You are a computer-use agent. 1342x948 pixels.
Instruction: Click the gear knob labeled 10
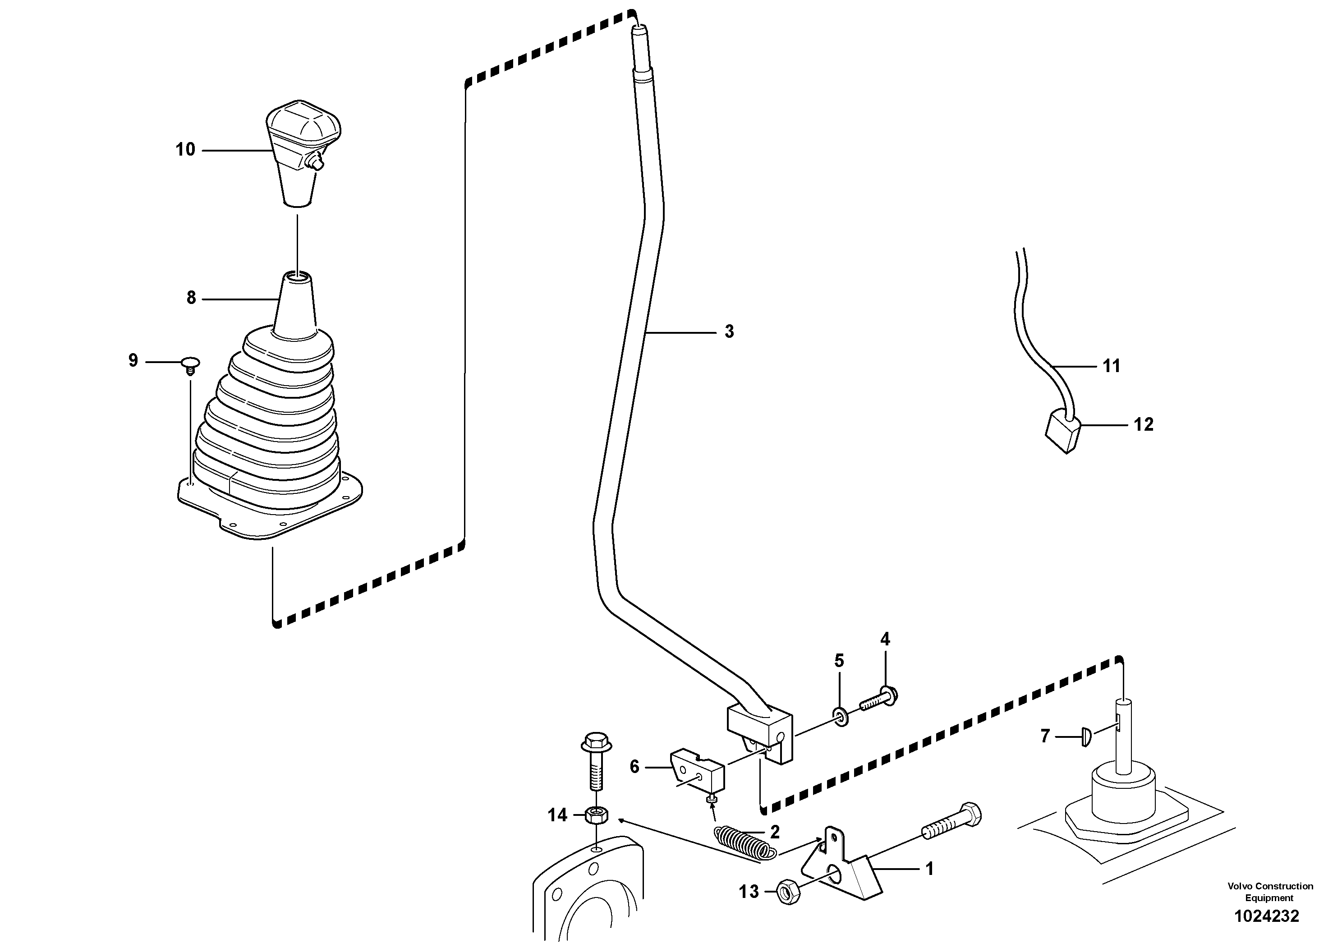302,146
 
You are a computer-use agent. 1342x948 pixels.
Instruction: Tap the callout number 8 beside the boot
191,298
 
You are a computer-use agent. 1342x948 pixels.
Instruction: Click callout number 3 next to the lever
729,332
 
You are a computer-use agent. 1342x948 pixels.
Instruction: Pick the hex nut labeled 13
789,892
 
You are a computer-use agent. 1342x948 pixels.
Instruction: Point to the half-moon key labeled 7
1087,736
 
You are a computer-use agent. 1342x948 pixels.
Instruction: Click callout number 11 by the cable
1111,366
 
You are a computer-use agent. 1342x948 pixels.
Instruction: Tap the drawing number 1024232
1266,916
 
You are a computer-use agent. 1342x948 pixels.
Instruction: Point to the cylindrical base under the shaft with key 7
1123,791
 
